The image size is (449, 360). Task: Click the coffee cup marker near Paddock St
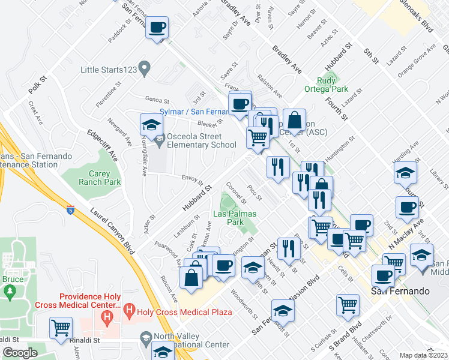(x=157, y=28)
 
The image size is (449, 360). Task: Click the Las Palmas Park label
(x=235, y=218)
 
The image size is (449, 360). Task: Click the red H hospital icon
(x=107, y=314)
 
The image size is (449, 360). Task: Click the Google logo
(x=20, y=353)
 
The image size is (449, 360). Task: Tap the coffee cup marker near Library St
(x=407, y=208)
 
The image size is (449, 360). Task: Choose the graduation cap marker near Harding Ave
(x=406, y=173)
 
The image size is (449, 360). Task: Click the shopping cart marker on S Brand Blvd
(x=348, y=304)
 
